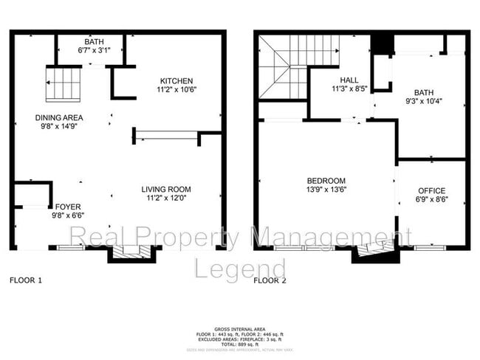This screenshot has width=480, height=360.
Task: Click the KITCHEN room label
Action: [175, 81]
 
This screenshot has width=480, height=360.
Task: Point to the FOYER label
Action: [67, 207]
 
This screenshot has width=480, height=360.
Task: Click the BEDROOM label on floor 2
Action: [326, 181]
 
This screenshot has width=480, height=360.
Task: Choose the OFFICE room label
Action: [432, 191]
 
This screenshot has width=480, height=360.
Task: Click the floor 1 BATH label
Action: [93, 42]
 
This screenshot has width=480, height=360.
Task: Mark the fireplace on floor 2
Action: [377, 253]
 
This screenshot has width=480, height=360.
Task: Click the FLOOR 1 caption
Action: [26, 280]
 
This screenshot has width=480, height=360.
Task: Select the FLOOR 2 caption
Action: [270, 280]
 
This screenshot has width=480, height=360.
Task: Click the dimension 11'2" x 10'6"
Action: [175, 90]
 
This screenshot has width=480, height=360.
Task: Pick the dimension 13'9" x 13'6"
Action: [326, 190]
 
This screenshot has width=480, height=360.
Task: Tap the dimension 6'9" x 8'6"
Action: [432, 200]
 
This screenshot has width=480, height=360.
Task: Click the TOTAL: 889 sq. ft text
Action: [240, 345]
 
